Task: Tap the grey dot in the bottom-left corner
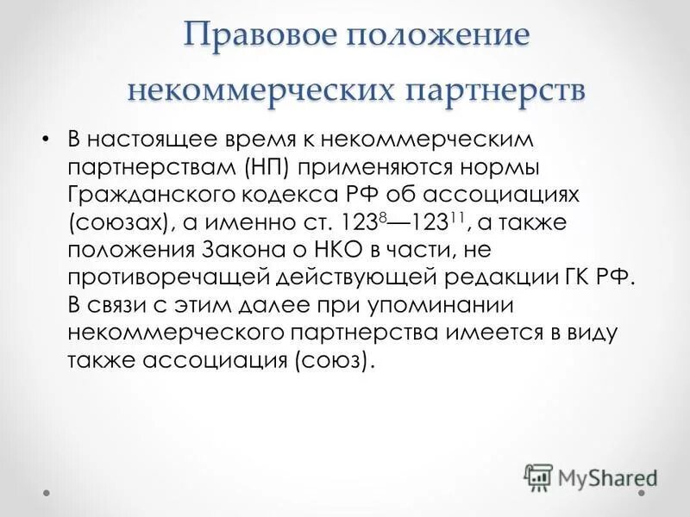click(x=48, y=495)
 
